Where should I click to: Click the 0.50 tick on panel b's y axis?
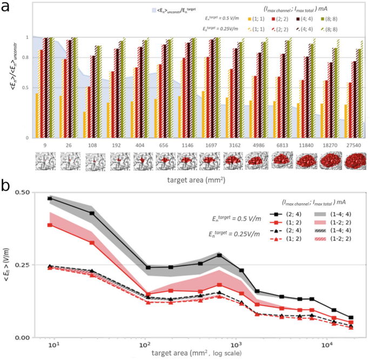coord(21,192)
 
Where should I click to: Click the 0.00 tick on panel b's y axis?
coord(21,337)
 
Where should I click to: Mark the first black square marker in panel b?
coord(50,198)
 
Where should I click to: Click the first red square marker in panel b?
coord(50,224)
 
